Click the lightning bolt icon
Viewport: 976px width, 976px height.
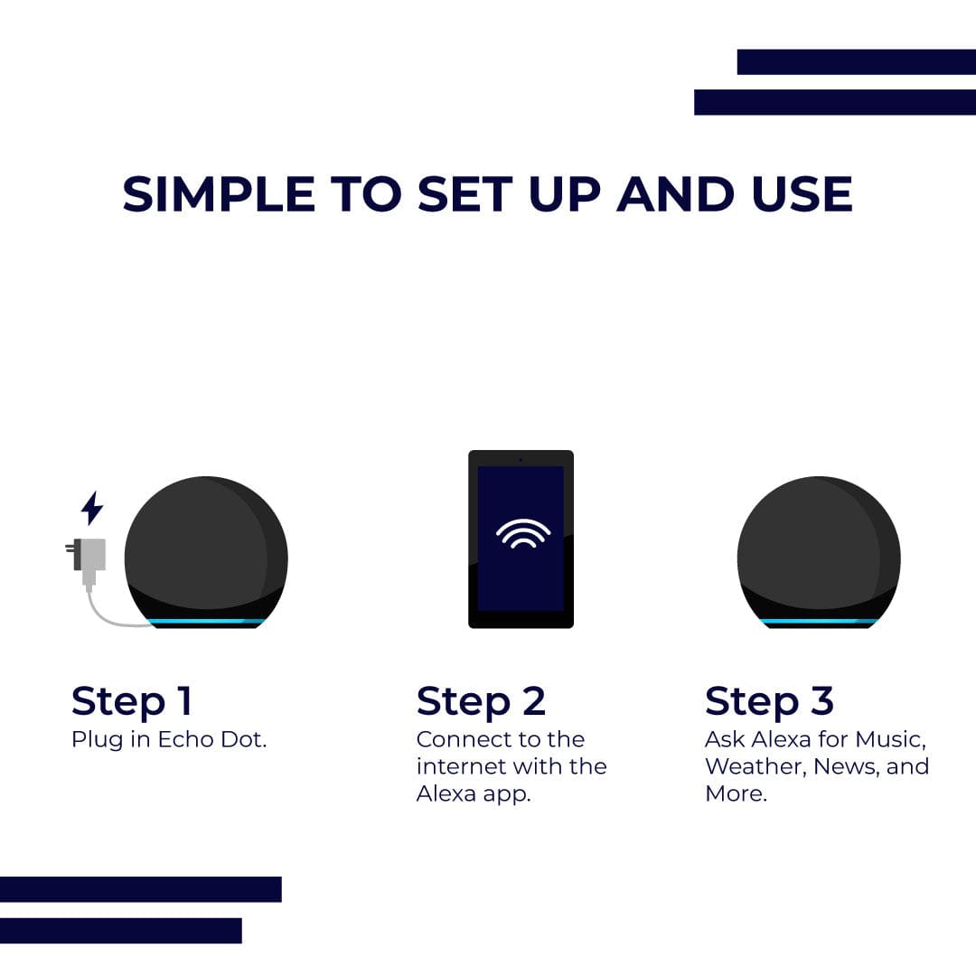(92, 507)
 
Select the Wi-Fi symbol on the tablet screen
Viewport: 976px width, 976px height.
(523, 533)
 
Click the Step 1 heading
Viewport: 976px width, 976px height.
(131, 702)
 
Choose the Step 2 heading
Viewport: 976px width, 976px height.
(481, 702)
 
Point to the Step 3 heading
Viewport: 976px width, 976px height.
(769, 702)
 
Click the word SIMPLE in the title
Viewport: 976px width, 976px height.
(219, 194)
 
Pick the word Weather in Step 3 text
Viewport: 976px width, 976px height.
(755, 767)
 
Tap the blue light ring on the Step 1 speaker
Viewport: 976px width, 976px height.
(205, 621)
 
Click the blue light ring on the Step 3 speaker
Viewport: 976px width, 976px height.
(819, 621)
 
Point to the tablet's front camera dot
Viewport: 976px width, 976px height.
(521, 459)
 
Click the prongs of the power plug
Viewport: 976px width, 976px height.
(70, 548)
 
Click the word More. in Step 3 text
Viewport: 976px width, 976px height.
(736, 793)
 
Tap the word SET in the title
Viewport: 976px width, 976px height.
(465, 194)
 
